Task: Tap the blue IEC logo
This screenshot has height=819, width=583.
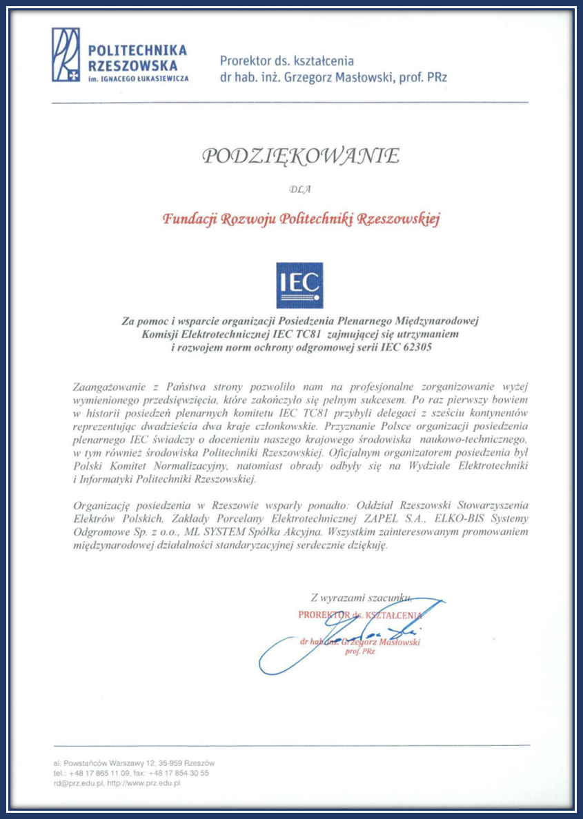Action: (299, 284)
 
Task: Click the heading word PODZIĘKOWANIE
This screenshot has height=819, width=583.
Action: (300, 156)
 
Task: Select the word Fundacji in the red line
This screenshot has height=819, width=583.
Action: (188, 219)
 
